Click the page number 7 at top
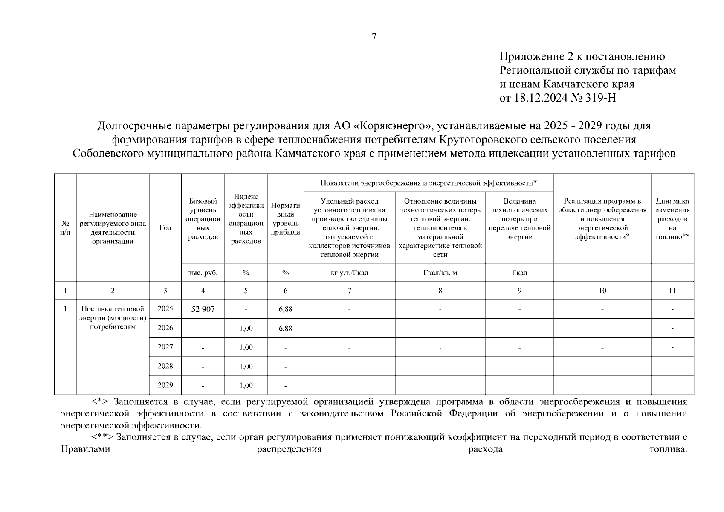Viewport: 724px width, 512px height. click(x=374, y=37)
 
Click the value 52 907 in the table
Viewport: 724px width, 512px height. click(x=203, y=309)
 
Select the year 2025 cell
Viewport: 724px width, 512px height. click(x=165, y=309)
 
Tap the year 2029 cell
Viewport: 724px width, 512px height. click(x=165, y=385)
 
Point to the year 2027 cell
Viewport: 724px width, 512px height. click(x=165, y=347)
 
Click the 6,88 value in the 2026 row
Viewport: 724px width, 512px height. click(x=285, y=328)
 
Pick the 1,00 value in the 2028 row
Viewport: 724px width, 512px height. click(x=246, y=367)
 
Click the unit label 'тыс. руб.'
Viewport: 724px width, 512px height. click(x=203, y=273)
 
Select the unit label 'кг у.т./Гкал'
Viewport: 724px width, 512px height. click(x=349, y=273)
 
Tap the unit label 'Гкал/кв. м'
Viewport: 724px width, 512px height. click(x=440, y=273)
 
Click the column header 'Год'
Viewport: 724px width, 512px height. click(x=165, y=228)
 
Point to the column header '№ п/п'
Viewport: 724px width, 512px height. click(x=65, y=227)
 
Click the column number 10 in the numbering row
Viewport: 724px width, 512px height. click(x=602, y=291)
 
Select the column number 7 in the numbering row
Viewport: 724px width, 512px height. click(x=349, y=291)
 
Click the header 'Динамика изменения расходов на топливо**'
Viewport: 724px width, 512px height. click(x=672, y=218)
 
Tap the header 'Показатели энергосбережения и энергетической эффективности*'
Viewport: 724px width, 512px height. click(x=428, y=183)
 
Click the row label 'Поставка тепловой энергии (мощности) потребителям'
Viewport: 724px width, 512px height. click(x=113, y=318)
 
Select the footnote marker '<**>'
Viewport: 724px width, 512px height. click(x=102, y=437)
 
